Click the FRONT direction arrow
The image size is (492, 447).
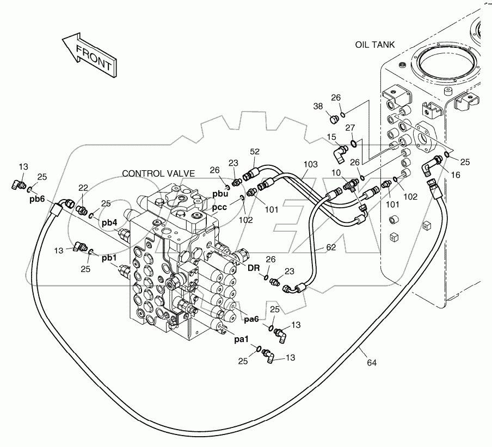point(88,54)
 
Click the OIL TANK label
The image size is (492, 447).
point(374,45)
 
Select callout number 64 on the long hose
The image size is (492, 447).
point(372,362)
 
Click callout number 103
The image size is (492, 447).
point(310,163)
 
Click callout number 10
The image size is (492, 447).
point(337,173)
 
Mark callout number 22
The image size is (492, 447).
point(83,188)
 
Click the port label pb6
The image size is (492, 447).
point(38,199)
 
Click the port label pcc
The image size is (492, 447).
point(220,207)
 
